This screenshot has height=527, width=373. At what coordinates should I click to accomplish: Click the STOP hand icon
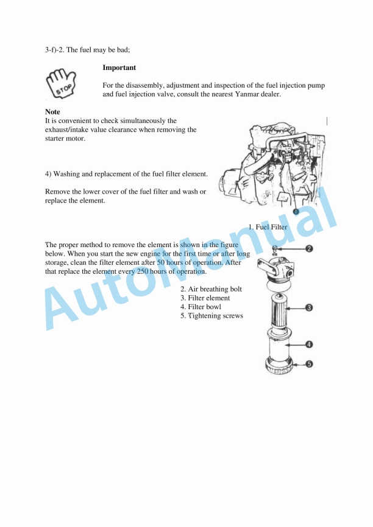click(61, 83)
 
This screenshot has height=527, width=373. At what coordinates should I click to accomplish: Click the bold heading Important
click(119, 68)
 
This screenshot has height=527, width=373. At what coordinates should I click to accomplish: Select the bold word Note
click(52, 112)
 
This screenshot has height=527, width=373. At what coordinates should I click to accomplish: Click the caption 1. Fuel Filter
click(268, 227)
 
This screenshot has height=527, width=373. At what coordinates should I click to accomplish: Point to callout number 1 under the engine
click(296, 211)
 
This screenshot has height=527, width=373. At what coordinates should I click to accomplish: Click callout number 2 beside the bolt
click(309, 248)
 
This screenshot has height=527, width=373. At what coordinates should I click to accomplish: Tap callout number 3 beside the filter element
click(309, 308)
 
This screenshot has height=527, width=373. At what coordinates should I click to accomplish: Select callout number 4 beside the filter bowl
click(309, 344)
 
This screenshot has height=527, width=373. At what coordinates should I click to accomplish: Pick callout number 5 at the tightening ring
click(309, 364)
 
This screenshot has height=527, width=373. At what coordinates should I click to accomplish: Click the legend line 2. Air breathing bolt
click(211, 289)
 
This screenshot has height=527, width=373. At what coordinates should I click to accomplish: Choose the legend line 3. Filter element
click(205, 298)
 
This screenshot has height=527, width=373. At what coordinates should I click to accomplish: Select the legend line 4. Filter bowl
click(201, 307)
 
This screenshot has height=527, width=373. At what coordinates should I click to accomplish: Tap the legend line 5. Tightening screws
click(211, 316)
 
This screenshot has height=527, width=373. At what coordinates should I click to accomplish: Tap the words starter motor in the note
click(65, 138)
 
